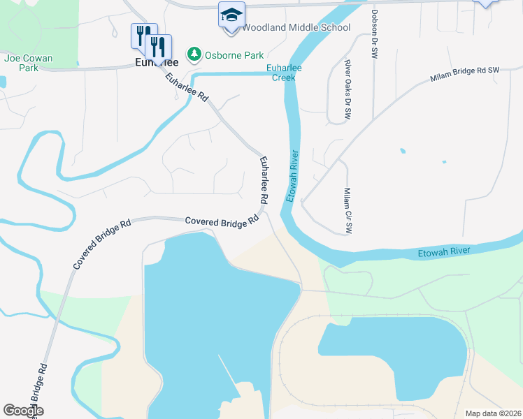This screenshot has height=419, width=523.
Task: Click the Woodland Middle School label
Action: pos(296,28)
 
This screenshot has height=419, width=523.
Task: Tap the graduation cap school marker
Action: pos(231,15)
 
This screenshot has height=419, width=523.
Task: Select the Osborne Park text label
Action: pos(224,54)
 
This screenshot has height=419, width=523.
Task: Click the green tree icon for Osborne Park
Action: pos(193,54)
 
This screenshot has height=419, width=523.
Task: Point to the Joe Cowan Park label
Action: pos(29,63)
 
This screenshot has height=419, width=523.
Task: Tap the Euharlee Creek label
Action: pos(283,73)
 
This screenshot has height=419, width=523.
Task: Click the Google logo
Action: pos(23,411)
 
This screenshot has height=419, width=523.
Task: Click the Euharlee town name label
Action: pos(156,63)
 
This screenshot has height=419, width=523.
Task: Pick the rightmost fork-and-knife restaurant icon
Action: pos(159,47)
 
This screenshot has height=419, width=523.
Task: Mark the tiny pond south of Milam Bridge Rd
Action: pos(402,150)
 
